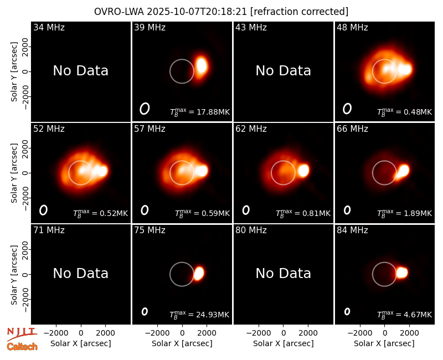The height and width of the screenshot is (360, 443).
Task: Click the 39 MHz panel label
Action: coord(150,27)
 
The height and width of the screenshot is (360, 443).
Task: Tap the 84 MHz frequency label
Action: coord(352,230)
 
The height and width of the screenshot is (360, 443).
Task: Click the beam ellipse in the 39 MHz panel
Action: coord(145,109)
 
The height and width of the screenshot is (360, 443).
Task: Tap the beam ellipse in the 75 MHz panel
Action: coord(145,311)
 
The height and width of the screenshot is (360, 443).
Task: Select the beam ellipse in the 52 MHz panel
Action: coord(43,210)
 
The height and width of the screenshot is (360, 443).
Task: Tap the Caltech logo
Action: coord(22,347)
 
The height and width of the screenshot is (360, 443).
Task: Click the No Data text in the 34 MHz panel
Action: coord(81,71)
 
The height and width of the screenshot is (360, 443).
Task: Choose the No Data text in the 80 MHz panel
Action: coord(284,274)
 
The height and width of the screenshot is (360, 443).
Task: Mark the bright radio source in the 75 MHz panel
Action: coord(199,273)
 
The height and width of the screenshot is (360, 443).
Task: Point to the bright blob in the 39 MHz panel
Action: coord(202,65)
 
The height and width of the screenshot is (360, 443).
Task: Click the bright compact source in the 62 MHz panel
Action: coord(303,171)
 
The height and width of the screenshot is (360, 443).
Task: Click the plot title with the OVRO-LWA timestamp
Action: coord(221,12)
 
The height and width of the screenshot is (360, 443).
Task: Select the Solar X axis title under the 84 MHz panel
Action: coord(384,343)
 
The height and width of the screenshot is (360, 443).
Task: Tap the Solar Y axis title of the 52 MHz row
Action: coord(14,173)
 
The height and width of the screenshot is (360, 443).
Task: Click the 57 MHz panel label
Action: coord(150,129)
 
